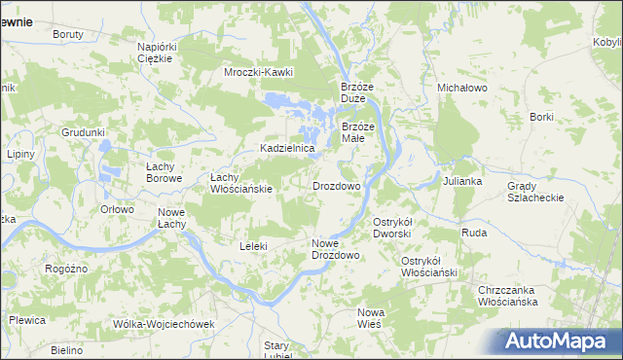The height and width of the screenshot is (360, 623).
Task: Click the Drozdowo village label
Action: tap(337, 185)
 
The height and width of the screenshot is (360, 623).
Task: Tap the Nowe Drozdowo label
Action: tap(336, 249)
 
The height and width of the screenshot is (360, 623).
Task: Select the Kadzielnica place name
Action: tap(286, 148)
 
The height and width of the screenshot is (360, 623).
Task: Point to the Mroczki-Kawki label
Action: tap(258, 72)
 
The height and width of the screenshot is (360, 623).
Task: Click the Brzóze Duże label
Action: tap(358, 92)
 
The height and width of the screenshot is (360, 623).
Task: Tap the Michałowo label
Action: tap(461, 88)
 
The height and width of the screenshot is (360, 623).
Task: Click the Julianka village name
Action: tap(463, 182)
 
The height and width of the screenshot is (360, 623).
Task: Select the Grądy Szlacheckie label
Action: tap(534, 192)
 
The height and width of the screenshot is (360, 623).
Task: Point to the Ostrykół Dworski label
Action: tap(394, 228)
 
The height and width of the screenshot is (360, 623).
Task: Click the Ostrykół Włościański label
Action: tap(429, 267)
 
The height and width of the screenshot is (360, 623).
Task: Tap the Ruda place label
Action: tap(474, 233)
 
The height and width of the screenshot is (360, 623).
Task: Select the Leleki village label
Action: tap(253, 246)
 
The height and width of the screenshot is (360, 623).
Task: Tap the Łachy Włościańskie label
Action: tap(241, 183)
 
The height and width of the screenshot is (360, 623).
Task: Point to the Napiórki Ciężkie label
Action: tap(156, 53)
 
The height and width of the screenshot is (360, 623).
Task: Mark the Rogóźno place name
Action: tap(67, 268)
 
